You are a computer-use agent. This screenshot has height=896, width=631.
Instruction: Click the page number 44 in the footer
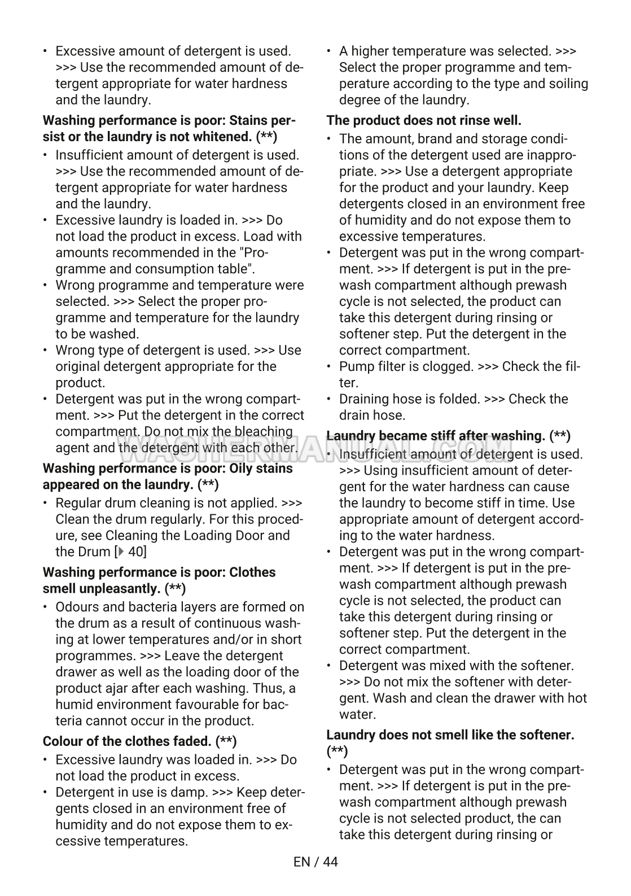pos(330,862)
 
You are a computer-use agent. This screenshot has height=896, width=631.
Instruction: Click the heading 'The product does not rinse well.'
pos(424,120)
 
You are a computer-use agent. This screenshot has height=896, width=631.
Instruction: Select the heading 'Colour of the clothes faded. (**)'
pos(139,741)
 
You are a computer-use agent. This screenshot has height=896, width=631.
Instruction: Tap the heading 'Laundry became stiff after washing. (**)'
pos(448,436)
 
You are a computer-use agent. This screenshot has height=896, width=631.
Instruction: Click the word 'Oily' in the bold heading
pos(244,468)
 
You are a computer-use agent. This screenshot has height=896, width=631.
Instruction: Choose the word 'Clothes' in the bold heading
pos(252,572)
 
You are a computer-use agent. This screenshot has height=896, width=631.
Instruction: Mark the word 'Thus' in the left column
pos(270,688)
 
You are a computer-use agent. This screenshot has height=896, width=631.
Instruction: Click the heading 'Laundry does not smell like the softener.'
pos(450,735)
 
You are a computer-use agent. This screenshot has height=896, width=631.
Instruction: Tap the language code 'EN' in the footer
pos(302,862)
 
